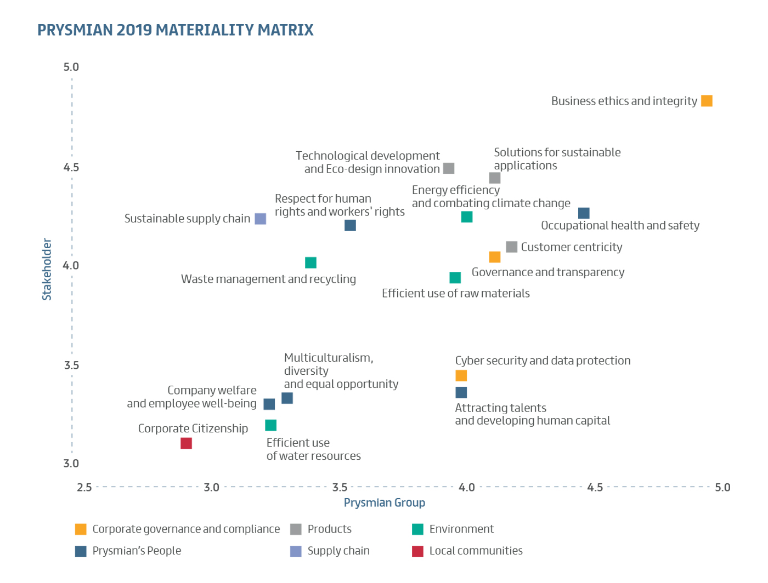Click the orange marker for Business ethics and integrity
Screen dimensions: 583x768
707,101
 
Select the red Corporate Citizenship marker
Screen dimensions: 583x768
186,443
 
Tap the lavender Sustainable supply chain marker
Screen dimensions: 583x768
261,219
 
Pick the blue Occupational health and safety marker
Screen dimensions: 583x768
584,213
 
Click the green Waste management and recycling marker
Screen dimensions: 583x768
310,262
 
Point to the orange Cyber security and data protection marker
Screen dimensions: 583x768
461,375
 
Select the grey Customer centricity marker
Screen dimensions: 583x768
511,247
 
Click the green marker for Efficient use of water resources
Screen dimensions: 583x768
270,425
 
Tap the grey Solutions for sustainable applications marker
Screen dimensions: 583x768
494,178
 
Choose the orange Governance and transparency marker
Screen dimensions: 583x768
494,257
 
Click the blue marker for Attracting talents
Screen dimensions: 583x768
461,392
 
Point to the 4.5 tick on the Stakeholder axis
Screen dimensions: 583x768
71,167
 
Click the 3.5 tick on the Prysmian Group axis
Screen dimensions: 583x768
340,487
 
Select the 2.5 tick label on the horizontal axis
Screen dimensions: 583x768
84,487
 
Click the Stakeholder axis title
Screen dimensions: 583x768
47,269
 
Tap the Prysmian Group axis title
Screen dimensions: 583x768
384,502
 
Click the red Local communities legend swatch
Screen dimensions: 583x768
417,551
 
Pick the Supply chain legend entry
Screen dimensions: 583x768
338,551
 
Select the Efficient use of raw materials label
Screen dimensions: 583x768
455,293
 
